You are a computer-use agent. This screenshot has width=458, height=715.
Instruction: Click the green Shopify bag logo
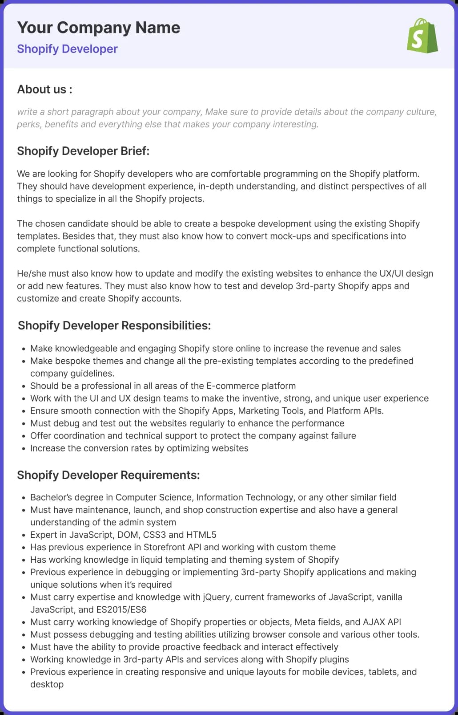pos(422,36)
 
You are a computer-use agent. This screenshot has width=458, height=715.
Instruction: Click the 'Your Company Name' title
pos(99,28)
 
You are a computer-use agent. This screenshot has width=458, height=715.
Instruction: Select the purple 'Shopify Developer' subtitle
pos(67,49)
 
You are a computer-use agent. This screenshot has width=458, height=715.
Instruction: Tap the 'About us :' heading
pos(44,89)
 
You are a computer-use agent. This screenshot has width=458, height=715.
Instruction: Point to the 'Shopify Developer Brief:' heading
pos(83,151)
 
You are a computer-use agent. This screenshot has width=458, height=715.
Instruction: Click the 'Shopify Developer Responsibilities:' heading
pos(114,325)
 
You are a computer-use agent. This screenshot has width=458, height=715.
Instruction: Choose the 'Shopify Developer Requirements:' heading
pos(108,475)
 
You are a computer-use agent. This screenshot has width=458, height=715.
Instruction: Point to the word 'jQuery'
pos(217,597)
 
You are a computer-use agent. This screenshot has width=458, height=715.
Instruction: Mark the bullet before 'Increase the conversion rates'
pos(24,449)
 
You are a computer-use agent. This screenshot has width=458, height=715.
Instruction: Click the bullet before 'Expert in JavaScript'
pos(24,535)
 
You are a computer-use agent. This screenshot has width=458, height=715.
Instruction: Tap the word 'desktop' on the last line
pos(47,684)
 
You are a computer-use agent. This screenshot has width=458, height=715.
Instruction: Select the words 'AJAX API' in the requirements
pos(382,622)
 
